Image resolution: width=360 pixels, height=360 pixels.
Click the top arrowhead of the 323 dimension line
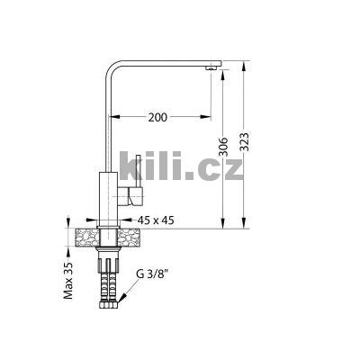pos(245,66)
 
